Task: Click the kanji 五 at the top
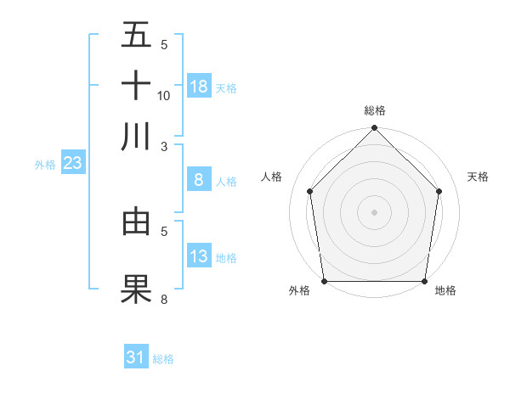pyautogui.click(x=136, y=36)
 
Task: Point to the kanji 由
pyautogui.click(x=136, y=222)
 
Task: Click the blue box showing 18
pyautogui.click(x=199, y=86)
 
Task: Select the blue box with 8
pyautogui.click(x=199, y=180)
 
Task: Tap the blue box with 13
pyautogui.click(x=199, y=256)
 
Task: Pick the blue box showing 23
pyautogui.click(x=71, y=163)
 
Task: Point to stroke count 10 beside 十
pyautogui.click(x=164, y=96)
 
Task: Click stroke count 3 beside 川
pyautogui.click(x=164, y=146)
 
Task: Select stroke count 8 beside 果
pyautogui.click(x=164, y=299)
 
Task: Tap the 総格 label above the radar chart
pyautogui.click(x=374, y=110)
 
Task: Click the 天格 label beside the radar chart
pyautogui.click(x=478, y=177)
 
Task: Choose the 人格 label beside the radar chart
pyautogui.click(x=272, y=177)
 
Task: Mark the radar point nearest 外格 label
pyautogui.click(x=324, y=281)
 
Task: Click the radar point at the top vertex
pyautogui.click(x=374, y=129)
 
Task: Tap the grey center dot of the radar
pyautogui.click(x=374, y=212)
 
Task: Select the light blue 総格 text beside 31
pyautogui.click(x=163, y=359)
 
